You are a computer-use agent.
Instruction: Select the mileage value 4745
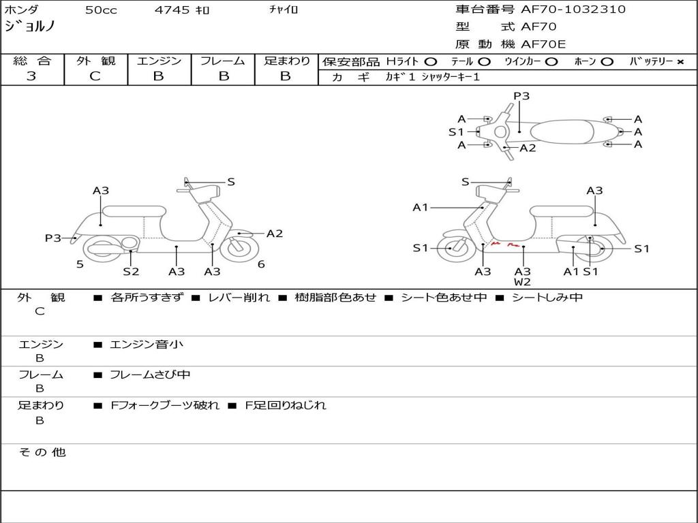[172, 10]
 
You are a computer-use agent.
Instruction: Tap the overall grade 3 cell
[31, 76]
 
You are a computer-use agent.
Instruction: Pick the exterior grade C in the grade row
[95, 76]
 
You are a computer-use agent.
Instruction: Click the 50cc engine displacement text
[100, 10]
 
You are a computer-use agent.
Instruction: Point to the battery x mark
[680, 62]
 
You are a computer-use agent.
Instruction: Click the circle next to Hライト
[431, 62]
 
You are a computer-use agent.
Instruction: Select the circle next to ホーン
[607, 62]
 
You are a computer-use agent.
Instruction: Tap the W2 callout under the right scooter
[523, 282]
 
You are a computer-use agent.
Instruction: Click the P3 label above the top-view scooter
[521, 96]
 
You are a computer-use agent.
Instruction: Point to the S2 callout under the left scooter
[131, 272]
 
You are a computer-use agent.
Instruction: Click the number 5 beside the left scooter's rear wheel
[80, 264]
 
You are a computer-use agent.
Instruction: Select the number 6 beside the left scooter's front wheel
[261, 264]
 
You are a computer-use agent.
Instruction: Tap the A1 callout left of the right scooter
[421, 207]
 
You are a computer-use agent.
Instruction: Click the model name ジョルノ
[30, 27]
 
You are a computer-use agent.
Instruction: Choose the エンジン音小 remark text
[147, 345]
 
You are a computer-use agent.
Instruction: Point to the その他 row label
[42, 452]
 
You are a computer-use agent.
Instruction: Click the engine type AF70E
[543, 45]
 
